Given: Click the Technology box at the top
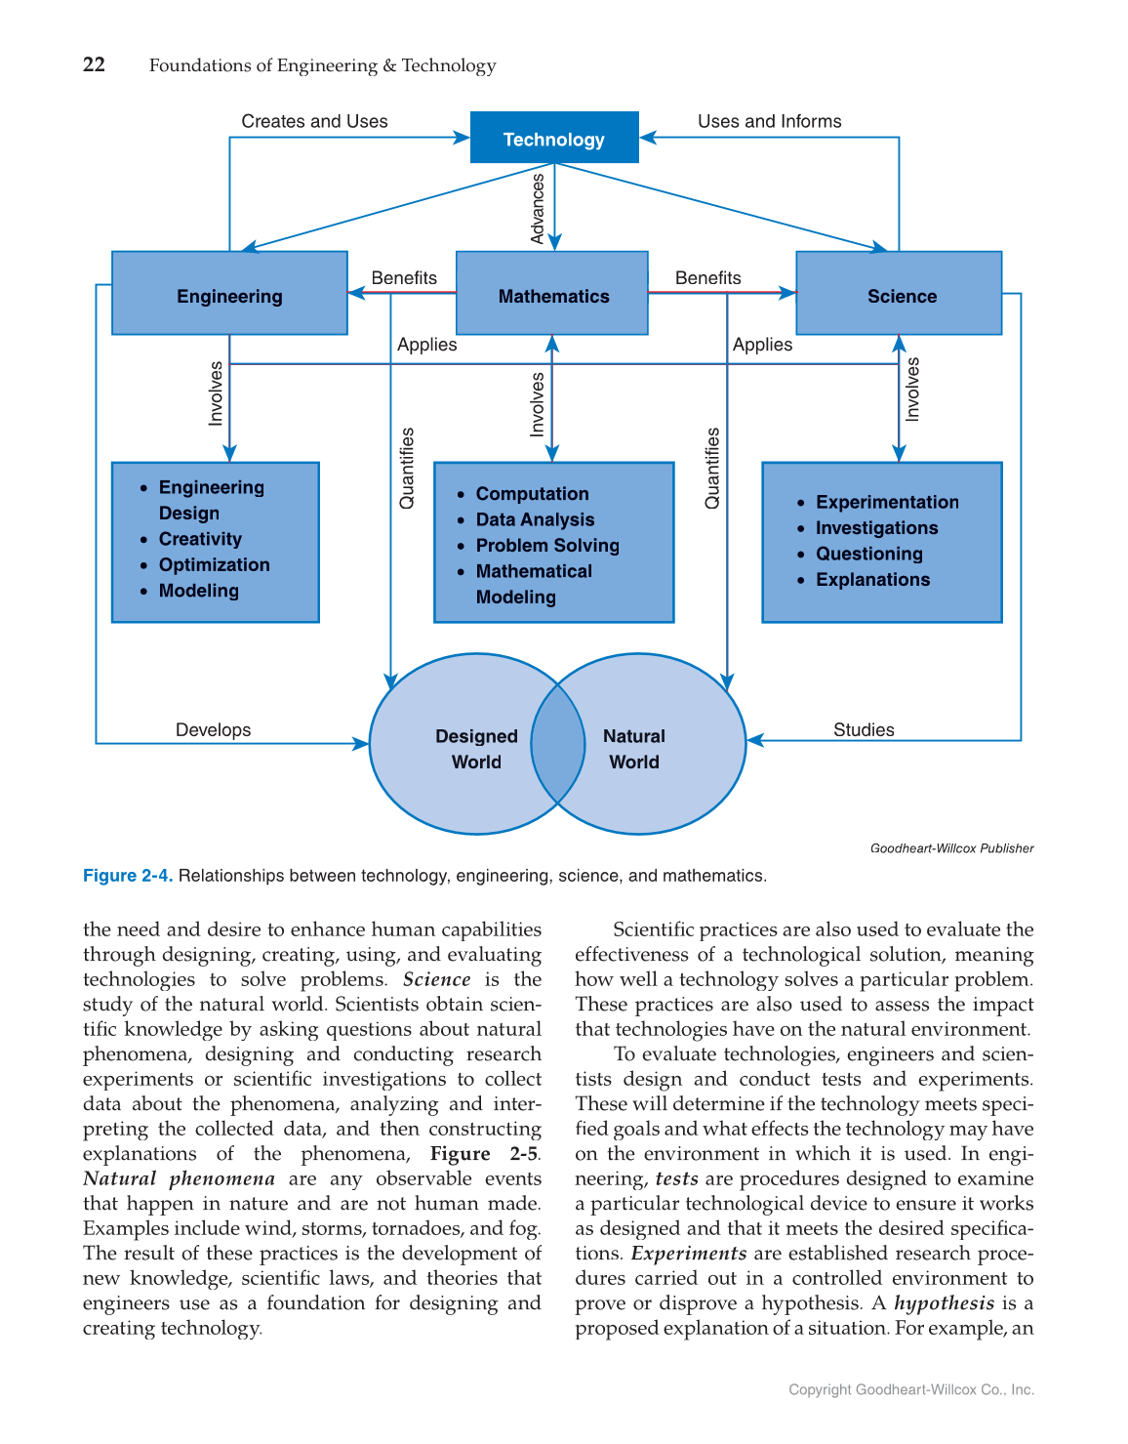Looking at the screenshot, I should pyautogui.click(x=554, y=139).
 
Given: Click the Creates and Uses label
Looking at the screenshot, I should pyautogui.click(x=314, y=121).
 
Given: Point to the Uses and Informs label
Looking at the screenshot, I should pyautogui.click(x=769, y=121).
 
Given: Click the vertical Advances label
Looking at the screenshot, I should pyautogui.click(x=538, y=209).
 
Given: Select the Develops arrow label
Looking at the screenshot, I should pyautogui.click(x=213, y=729).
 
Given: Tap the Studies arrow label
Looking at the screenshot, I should pyautogui.click(x=864, y=729).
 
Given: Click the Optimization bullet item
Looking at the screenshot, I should pyautogui.click(x=214, y=564).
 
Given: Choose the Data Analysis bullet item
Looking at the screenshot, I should pyautogui.click(x=535, y=519).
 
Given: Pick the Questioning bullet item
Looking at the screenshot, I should pyautogui.click(x=868, y=554).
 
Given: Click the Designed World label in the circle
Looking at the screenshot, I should pyautogui.click(x=476, y=749).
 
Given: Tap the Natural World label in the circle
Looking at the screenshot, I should pyautogui.click(x=634, y=749).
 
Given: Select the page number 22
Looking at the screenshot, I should pyautogui.click(x=94, y=64).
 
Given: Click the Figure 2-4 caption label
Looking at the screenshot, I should pyautogui.click(x=128, y=876).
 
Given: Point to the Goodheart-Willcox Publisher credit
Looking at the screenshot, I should pyautogui.click(x=951, y=848).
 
